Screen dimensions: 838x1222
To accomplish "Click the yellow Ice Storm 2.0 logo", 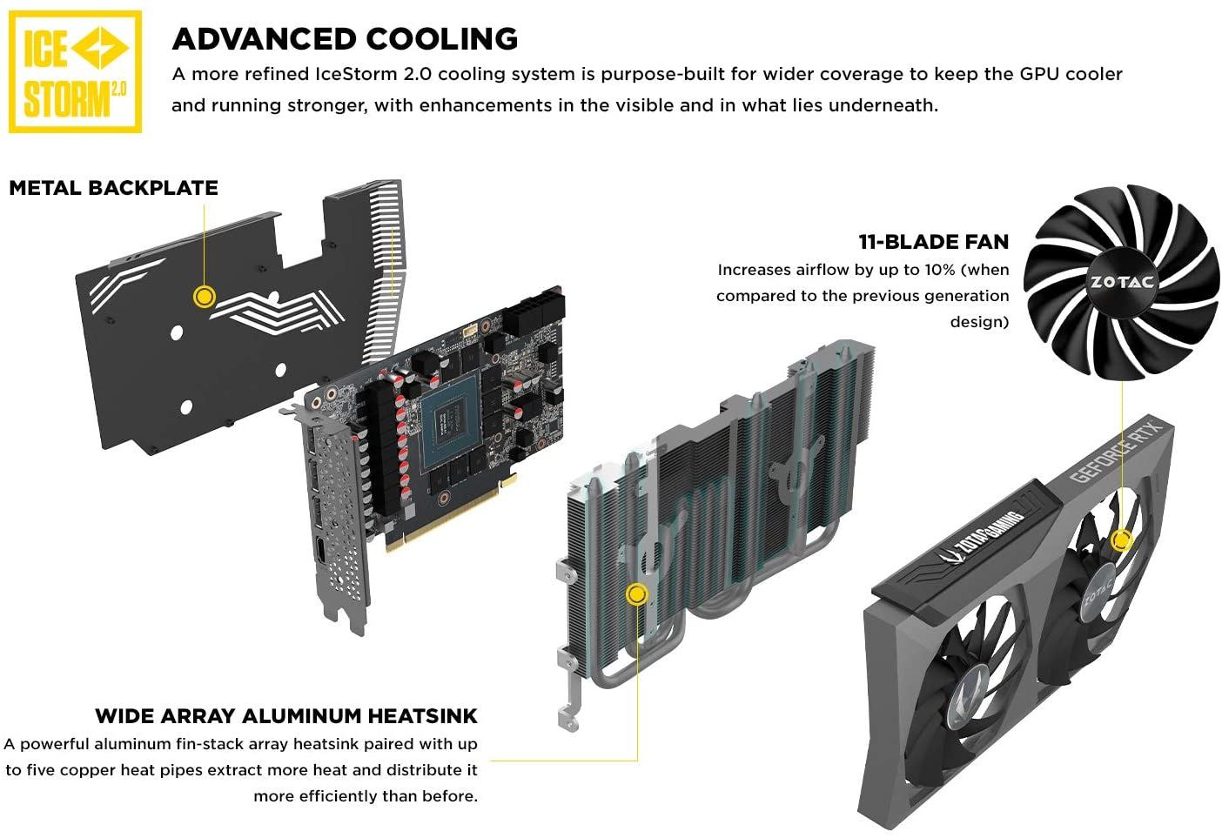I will [x=75, y=71].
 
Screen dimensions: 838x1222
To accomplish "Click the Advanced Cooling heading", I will [x=345, y=38].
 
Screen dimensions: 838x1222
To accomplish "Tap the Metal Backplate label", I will [x=113, y=188].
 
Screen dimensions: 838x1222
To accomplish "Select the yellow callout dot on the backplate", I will [x=204, y=297].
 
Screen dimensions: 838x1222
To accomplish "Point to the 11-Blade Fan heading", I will [x=933, y=242].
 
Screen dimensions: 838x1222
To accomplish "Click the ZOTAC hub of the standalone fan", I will [x=1122, y=282].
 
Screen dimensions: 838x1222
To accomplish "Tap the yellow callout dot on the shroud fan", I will [x=1122, y=540].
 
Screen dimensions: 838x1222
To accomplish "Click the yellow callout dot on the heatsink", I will [x=637, y=594].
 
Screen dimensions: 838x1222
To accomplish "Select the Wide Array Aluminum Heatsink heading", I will [x=286, y=716].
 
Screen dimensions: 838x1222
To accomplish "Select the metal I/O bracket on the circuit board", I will [x=335, y=522].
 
